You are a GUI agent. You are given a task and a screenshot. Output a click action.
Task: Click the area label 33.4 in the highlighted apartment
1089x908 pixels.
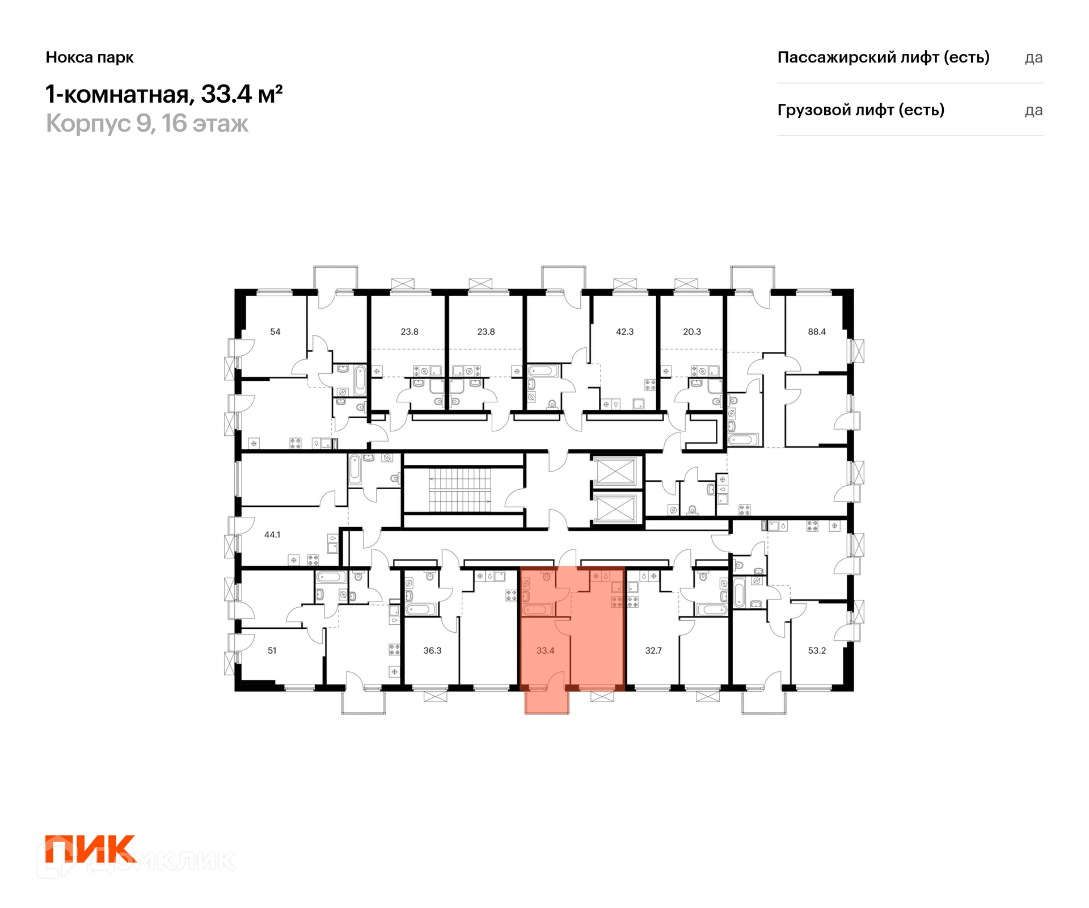[x=545, y=650]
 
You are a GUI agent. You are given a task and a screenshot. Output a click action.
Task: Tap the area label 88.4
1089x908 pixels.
[x=816, y=331]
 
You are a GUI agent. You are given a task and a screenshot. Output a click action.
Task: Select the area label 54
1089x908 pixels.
[x=275, y=331]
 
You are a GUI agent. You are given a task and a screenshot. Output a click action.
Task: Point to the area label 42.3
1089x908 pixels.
[x=624, y=331]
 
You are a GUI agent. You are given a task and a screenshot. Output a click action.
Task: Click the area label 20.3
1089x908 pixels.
[x=691, y=331]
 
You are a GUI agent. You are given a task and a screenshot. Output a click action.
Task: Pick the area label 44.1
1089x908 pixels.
[x=272, y=535]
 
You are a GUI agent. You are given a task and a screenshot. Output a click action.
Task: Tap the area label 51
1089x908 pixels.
[x=272, y=650]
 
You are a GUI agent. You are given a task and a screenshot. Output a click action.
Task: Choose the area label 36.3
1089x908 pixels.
[x=432, y=650]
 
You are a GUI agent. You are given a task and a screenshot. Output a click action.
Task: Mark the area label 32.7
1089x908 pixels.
[x=653, y=650]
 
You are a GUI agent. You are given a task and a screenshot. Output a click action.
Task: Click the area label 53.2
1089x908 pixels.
[x=817, y=650]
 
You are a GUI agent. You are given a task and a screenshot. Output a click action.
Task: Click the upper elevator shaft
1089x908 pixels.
[x=615, y=471]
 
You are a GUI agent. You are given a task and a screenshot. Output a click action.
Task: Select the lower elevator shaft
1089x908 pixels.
[x=615, y=508]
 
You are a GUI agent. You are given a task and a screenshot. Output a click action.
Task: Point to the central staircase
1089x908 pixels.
[x=459, y=490]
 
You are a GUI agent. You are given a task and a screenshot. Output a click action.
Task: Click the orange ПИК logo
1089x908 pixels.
[x=91, y=848]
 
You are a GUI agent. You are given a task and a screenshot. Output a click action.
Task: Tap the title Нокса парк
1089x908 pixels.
[x=90, y=57]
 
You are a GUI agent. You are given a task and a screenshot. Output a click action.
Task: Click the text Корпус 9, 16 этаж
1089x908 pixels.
[x=147, y=124]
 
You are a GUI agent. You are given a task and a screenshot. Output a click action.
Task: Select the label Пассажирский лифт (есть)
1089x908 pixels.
[x=883, y=57]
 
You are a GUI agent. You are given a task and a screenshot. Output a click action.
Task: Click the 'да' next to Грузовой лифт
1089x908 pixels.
[x=1033, y=110]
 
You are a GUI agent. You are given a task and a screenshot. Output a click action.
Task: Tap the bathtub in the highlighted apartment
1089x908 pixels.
[x=537, y=610]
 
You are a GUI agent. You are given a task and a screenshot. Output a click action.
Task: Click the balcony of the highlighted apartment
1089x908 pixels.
[x=547, y=703]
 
